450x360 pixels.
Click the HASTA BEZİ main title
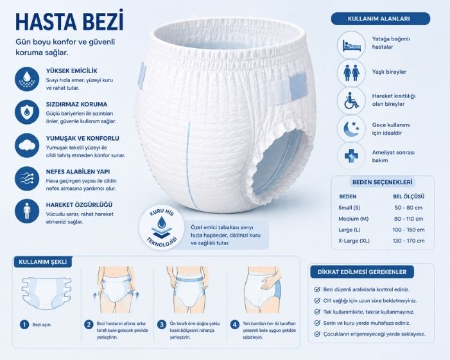69,21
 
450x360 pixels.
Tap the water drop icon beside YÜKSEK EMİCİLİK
27,79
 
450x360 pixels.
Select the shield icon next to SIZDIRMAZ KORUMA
27,112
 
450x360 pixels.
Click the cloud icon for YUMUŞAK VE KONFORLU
27,146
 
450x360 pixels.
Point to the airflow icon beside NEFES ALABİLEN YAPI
27,178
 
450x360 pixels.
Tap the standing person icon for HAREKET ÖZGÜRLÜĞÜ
27,211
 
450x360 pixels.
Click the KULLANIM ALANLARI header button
381,19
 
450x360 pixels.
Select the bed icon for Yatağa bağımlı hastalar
351,46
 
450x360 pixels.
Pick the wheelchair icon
351,100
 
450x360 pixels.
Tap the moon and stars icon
351,128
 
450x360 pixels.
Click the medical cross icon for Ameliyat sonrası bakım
351,156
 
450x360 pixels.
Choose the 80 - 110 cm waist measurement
409,219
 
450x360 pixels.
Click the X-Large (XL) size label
354,241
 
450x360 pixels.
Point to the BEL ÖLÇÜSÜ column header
409,196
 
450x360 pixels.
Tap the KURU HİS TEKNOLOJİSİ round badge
162,227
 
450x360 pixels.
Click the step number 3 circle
162,325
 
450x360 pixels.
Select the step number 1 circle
24,325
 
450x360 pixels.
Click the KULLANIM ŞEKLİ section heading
43,262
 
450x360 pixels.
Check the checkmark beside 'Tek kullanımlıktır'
317,312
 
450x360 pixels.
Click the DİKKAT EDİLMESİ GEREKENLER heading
362,272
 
